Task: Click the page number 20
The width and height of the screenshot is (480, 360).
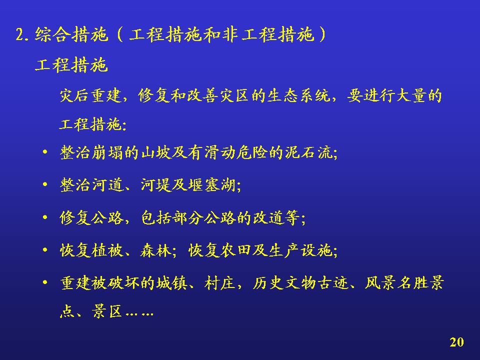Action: pyautogui.click(x=456, y=342)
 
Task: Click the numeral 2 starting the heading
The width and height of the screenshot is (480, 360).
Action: pyautogui.click(x=19, y=34)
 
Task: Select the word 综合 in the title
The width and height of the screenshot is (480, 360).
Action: pyautogui.click(x=53, y=34)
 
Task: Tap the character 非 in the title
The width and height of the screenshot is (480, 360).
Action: pyautogui.click(x=231, y=34)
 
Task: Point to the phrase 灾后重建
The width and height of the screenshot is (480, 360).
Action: pyautogui.click(x=90, y=95)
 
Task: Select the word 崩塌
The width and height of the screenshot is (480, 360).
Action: pyautogui.click(x=107, y=152)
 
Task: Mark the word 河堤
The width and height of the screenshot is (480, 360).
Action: pyautogui.click(x=156, y=185)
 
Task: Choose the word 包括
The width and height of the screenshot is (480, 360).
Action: pyautogui.click(x=156, y=218)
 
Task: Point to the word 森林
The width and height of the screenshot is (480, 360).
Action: pyautogui.click(x=156, y=250)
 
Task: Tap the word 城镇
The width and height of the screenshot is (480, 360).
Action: pyautogui.click(x=172, y=282)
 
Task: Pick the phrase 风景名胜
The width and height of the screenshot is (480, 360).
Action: pyautogui.click(x=396, y=282)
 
